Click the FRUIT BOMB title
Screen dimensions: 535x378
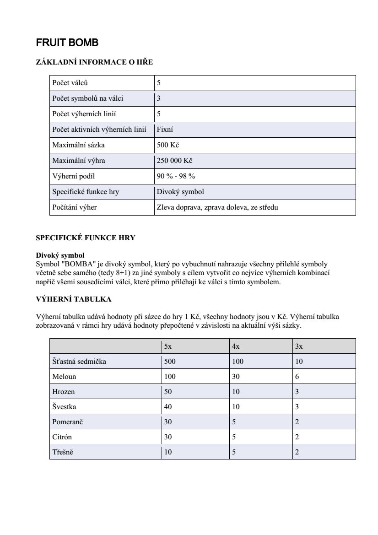[67, 43]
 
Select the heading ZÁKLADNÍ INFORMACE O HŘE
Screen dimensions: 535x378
[94, 62]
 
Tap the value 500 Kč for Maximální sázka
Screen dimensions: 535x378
[167, 145]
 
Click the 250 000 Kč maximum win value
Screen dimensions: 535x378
[174, 161]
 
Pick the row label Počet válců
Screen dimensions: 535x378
[70, 83]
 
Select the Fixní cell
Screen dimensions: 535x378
[165, 130]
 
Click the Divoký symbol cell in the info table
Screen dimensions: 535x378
[180, 192]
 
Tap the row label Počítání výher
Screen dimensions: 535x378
[75, 207]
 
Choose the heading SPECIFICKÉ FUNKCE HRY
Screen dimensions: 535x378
[86, 238]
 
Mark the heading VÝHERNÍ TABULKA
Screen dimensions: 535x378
[73, 299]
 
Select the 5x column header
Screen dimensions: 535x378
[167, 346]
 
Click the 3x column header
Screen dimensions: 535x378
[299, 346]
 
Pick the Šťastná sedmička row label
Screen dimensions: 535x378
[79, 362]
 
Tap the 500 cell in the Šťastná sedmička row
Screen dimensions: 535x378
[170, 362]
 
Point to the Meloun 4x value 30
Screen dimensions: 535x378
[236, 377]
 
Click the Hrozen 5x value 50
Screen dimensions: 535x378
[168, 392]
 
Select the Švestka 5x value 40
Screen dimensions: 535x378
[168, 407]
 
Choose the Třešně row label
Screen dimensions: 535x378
[63, 452]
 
